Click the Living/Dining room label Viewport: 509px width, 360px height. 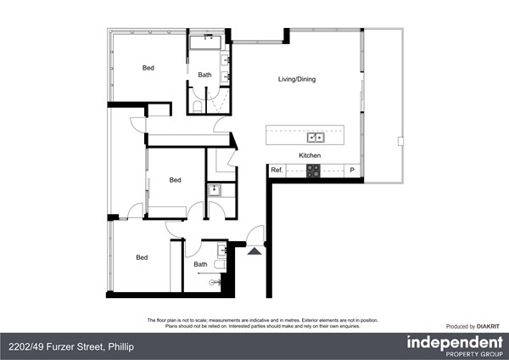[x=297, y=80]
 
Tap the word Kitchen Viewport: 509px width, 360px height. [x=309, y=155]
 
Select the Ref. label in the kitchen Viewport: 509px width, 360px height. [x=277, y=171]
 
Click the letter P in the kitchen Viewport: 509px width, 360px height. [x=352, y=171]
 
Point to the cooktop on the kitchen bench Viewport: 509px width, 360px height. [x=313, y=171]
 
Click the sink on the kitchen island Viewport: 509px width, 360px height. [x=316, y=136]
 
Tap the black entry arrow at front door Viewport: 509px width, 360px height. [x=254, y=250]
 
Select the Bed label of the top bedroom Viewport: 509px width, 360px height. [x=148, y=68]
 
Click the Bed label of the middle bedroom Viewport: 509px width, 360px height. [x=175, y=180]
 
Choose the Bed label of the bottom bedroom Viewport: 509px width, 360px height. [x=142, y=258]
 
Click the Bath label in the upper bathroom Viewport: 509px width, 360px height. [x=204, y=75]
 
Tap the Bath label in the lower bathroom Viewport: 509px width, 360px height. [x=200, y=264]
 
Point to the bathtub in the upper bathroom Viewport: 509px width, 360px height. [x=206, y=42]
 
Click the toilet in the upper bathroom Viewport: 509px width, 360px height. [x=196, y=106]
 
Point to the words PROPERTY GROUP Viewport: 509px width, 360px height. [x=473, y=354]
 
